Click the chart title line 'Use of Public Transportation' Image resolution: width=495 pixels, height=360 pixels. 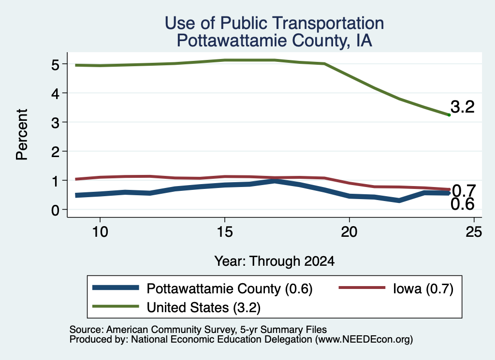(275, 23)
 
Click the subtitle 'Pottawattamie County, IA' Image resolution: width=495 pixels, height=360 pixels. (275, 41)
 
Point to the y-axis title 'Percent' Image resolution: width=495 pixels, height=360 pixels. (22, 134)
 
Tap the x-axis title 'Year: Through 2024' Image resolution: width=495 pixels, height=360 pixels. (275, 261)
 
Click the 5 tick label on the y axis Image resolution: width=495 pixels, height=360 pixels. (55, 65)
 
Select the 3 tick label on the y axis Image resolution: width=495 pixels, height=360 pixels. (55, 123)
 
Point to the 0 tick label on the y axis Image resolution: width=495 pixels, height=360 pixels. (55, 210)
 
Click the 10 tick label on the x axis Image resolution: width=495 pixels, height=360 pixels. (100, 232)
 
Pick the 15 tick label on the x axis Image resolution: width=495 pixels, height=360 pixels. (224, 232)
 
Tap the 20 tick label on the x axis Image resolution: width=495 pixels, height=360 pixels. (349, 232)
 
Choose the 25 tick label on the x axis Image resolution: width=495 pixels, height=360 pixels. (474, 232)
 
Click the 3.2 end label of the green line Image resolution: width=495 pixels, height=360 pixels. (463, 107)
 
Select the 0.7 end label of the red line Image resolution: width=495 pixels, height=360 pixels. (464, 190)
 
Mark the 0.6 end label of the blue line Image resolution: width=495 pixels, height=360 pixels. (463, 204)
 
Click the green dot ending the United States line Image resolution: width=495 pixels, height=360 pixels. (449, 115)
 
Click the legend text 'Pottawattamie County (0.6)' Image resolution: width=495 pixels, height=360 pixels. (230, 288)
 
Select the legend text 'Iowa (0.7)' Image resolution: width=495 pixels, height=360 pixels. (423, 288)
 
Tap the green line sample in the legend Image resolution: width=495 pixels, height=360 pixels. (116, 306)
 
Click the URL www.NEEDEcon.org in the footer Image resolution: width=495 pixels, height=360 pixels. (363, 340)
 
